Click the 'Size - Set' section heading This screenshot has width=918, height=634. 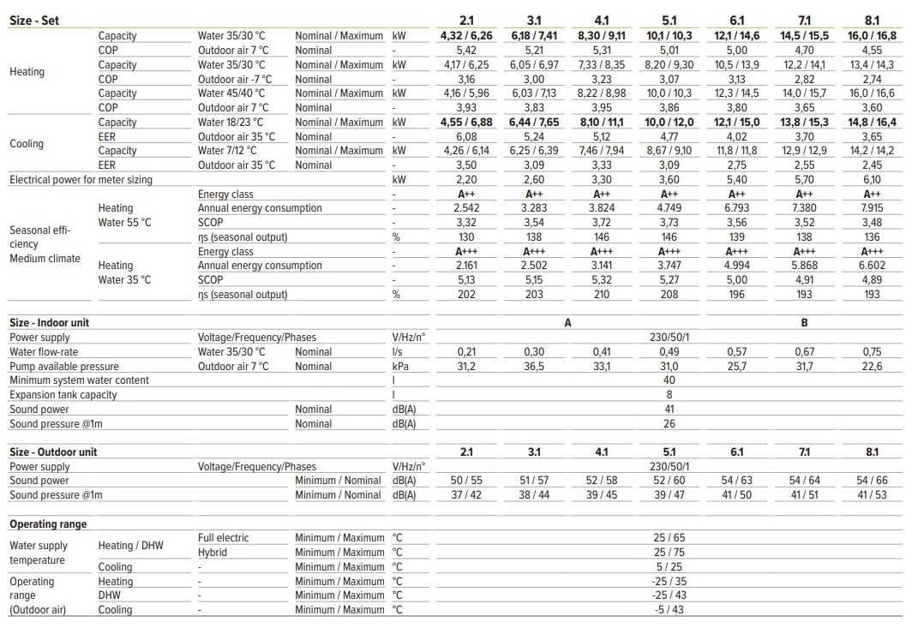[34, 21]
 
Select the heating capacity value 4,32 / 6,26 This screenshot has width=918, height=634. [466, 36]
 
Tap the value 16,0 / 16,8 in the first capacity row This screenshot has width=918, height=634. [872, 36]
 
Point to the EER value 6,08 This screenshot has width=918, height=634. [466, 136]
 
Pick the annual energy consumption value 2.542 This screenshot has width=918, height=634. [466, 208]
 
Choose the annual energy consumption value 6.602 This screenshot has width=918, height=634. [872, 266]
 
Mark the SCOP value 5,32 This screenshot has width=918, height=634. [602, 279]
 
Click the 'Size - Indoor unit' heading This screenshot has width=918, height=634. [49, 323]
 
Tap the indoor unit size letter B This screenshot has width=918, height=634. [804, 323]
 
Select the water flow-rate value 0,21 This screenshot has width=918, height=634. [466, 352]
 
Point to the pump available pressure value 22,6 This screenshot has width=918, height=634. [872, 367]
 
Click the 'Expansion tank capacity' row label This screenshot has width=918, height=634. [63, 395]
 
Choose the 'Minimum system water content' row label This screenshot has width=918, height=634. [79, 380]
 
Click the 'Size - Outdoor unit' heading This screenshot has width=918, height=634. [53, 452]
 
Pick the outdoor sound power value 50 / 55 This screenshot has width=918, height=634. [466, 481]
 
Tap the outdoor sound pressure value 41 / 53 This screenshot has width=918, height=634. [872, 495]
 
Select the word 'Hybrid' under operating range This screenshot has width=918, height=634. [213, 553]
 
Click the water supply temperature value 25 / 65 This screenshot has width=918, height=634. [669, 538]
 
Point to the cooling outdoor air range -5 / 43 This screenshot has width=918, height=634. [669, 610]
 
